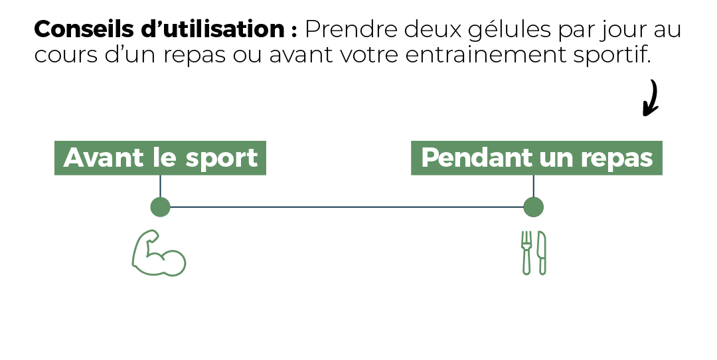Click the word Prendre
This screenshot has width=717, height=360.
351,29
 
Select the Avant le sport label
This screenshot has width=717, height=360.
160,158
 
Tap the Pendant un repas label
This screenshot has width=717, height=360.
536,158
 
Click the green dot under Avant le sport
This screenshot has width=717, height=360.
160,207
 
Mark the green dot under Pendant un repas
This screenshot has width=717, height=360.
533,207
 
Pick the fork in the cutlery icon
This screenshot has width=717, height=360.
526,253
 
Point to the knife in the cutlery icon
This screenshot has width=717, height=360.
542,253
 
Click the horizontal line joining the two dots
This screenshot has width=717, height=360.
347,207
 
